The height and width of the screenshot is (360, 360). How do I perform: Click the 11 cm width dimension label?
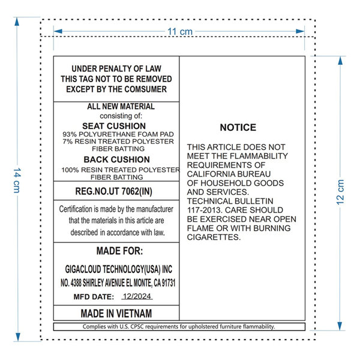(180, 31)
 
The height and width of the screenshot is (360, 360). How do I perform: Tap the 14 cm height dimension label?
(17, 180)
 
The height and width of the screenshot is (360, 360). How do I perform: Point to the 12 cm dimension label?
(340, 192)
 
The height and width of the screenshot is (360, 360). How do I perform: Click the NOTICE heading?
(238, 127)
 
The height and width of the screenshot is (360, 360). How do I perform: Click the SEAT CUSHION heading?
(114, 126)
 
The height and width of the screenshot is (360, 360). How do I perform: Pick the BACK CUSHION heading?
(116, 160)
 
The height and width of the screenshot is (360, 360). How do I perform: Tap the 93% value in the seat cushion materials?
(70, 134)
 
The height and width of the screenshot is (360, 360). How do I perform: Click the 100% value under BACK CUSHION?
(70, 170)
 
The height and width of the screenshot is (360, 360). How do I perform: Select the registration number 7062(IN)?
(137, 191)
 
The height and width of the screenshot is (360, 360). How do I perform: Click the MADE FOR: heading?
(119, 251)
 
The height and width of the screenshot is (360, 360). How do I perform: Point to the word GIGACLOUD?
(83, 269)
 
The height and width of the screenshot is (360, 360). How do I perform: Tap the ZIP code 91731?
(169, 283)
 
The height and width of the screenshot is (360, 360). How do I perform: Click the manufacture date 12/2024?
(137, 296)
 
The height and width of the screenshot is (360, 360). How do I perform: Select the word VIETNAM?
(134, 313)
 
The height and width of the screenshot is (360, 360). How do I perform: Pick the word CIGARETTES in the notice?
(214, 237)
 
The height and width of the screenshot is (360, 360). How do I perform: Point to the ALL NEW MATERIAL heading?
(121, 107)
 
